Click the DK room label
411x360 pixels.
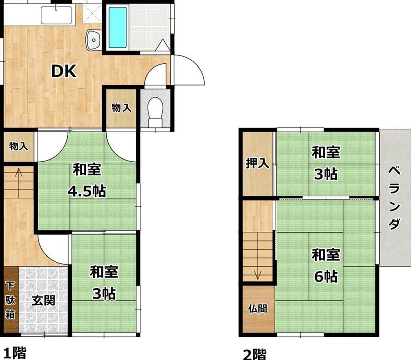click(64, 71)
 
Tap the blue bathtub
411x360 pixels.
click(118, 27)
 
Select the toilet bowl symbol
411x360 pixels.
click(155, 112)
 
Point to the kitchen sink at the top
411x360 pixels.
click(56, 15)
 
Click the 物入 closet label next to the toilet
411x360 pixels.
click(121, 108)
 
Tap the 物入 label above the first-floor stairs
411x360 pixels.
click(18, 146)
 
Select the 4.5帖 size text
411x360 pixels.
click(87, 191)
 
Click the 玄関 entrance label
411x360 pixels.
click(44, 300)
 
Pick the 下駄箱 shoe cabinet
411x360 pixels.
click(11, 300)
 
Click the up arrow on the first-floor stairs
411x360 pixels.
click(19, 183)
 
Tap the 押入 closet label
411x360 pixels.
click(257, 163)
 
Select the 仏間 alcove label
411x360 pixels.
click(257, 309)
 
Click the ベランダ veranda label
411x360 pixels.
click(394, 198)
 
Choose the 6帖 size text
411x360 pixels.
click(326, 276)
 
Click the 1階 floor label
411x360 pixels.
click(15, 353)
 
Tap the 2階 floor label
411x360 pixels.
click(254, 355)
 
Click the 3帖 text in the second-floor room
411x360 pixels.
click(326, 174)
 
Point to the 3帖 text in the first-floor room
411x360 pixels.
click(104, 294)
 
